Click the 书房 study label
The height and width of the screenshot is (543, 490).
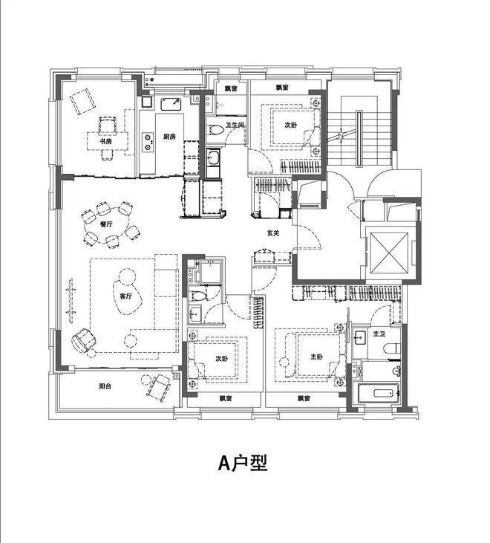pyautogui.click(x=105, y=141)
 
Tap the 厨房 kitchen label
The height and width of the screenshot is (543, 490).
pyautogui.click(x=169, y=137)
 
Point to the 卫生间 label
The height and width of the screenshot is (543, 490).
pyautogui.click(x=235, y=125)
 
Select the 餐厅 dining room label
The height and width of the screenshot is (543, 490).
pyautogui.click(x=106, y=224)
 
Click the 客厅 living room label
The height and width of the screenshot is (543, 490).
pyautogui.click(x=125, y=296)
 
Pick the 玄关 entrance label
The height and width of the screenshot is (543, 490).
pyautogui.click(x=273, y=233)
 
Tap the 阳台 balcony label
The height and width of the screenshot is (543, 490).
pyautogui.click(x=105, y=386)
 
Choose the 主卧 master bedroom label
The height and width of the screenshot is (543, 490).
pyautogui.click(x=316, y=357)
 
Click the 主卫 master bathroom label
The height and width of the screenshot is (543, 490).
pyautogui.click(x=379, y=334)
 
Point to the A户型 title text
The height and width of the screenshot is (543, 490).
pyautogui.click(x=243, y=463)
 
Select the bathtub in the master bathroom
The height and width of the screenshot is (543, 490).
pyautogui.click(x=379, y=393)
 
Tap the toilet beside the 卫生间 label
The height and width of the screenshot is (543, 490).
pyautogui.click(x=216, y=130)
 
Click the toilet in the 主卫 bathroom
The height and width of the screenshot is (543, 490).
pyautogui.click(x=393, y=348)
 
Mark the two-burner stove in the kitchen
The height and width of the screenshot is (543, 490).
pyautogui.click(x=148, y=142)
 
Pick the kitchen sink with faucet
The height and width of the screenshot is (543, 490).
pyautogui.click(x=171, y=104)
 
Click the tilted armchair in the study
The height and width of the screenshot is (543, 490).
pyautogui.click(x=82, y=101)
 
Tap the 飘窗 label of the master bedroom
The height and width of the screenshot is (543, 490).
pyautogui.click(x=304, y=399)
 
